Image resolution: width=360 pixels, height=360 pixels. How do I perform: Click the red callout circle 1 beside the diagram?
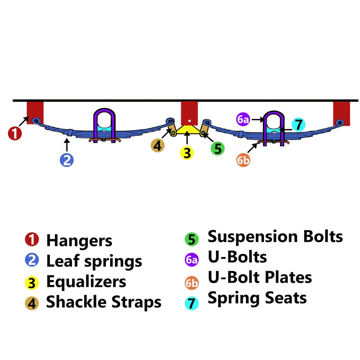15,134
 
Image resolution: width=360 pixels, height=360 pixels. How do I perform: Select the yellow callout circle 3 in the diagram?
187,153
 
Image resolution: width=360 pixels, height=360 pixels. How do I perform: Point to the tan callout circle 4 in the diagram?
158,146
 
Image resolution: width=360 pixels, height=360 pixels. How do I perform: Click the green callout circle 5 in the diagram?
217,148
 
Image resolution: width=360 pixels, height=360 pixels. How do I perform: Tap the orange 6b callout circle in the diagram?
243,160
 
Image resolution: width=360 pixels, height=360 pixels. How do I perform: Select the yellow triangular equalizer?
187,130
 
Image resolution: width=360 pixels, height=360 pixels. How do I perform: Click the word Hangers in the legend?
79,240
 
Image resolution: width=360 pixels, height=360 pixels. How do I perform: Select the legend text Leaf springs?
94,261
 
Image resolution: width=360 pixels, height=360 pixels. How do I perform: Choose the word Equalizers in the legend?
86,282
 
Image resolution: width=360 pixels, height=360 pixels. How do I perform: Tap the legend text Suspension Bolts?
275,237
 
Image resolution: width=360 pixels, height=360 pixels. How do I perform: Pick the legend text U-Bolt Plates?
260,278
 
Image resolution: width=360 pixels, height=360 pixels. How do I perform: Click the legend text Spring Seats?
257,298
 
